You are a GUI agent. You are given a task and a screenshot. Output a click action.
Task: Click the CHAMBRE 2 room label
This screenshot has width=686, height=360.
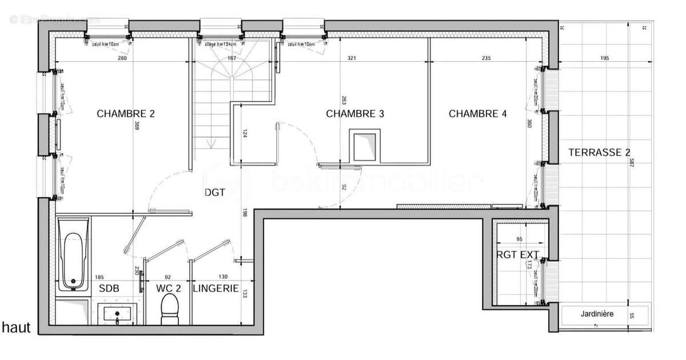pos(126,114)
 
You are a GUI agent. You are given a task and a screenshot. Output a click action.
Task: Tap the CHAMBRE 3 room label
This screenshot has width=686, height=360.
pos(354,114)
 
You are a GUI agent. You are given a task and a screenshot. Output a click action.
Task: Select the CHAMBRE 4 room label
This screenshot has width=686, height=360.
pos(477,114)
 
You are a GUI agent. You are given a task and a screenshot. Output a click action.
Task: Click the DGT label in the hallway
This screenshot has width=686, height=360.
pos(214,193)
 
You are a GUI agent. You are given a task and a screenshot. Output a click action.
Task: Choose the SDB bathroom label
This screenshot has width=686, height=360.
pos(109,289)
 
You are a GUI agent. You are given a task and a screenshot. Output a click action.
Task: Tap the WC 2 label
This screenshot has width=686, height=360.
pos(168,289)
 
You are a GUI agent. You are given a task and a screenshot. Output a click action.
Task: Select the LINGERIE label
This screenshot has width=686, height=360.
pos(216,289)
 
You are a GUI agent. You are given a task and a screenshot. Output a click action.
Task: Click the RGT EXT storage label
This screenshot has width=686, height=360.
pos(517,255)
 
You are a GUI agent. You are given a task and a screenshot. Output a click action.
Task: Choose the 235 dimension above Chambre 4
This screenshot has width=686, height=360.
pos(486,58)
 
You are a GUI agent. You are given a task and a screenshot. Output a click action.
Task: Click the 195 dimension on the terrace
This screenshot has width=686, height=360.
pos(605,58)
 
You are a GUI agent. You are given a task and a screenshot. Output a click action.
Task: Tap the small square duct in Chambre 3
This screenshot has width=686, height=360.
pos(363,147)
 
